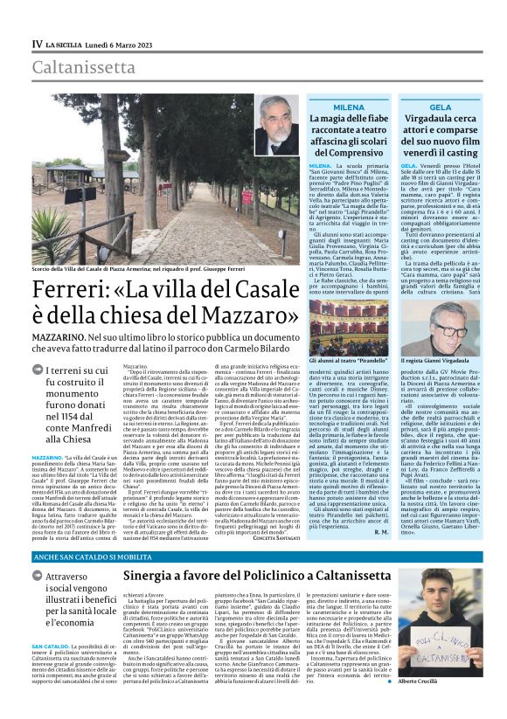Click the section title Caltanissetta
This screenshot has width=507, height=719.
(x=85, y=67)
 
